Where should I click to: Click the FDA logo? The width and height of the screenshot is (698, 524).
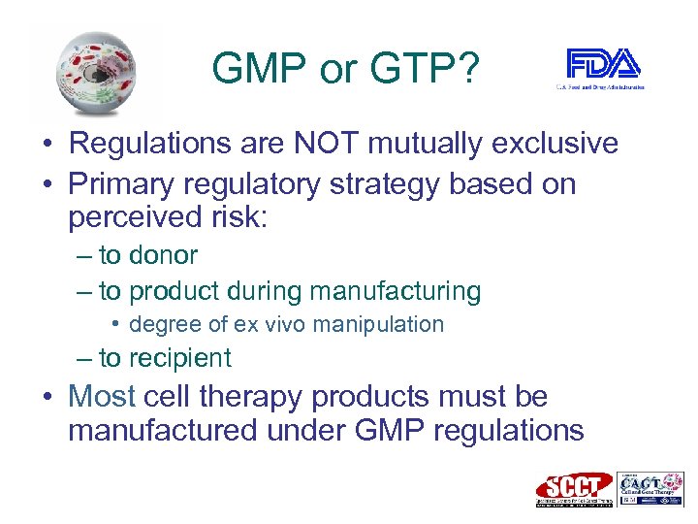click(604, 67)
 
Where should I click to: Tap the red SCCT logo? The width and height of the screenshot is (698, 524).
click(575, 488)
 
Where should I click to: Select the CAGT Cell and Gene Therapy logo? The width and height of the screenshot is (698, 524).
click(650, 488)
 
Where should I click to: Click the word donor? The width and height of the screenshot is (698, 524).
click(163, 255)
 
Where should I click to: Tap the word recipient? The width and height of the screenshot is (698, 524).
click(180, 358)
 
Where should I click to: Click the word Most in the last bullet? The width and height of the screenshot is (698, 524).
click(102, 396)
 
